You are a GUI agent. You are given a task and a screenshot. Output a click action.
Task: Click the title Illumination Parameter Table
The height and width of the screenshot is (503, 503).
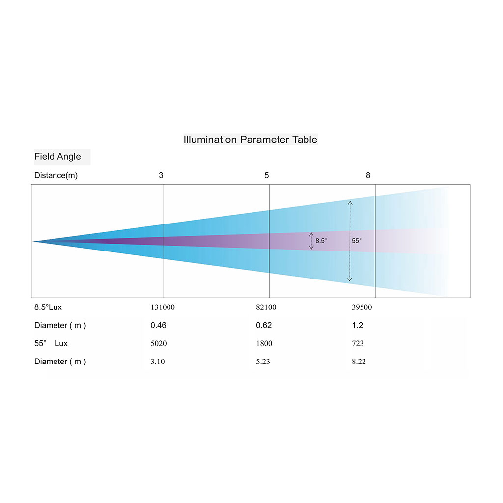[x=250, y=140]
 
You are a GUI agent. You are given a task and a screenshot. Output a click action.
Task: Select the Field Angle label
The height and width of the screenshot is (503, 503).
[x=57, y=157]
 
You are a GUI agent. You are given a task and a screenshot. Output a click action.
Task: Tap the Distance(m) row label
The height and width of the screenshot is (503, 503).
[x=56, y=175]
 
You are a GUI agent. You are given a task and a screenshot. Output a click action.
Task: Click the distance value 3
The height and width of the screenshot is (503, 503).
[x=161, y=175]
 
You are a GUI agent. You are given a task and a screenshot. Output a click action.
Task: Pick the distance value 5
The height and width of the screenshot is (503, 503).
[x=267, y=175]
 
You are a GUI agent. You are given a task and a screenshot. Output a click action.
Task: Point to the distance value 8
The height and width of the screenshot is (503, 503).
[x=368, y=175]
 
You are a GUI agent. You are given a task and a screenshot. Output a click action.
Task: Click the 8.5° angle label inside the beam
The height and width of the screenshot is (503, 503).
[x=321, y=241]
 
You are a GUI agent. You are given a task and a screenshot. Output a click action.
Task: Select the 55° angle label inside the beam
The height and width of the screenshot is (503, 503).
[x=357, y=241]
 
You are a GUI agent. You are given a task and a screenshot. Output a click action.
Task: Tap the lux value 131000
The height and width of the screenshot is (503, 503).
[x=163, y=307]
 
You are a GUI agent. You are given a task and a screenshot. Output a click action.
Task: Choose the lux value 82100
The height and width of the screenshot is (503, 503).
[x=266, y=307]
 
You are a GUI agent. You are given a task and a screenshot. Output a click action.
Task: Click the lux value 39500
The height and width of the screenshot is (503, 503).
[x=362, y=307]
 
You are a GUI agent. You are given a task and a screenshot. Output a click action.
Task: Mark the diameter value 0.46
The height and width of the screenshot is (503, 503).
[x=159, y=325]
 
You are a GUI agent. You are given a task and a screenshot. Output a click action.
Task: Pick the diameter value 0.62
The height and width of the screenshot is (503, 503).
[x=264, y=325]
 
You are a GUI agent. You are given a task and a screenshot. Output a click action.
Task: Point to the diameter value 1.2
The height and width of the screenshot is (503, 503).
[x=358, y=325]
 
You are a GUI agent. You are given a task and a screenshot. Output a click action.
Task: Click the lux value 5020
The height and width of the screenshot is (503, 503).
[x=159, y=343]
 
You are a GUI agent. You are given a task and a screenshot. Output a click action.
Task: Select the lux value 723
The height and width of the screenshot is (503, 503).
[x=358, y=343]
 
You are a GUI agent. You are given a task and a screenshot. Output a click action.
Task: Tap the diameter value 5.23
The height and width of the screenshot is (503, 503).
[x=263, y=362]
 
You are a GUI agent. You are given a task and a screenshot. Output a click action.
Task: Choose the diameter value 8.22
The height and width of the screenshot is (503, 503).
[x=359, y=362]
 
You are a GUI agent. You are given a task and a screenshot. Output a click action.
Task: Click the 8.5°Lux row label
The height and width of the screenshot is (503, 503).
[x=48, y=307]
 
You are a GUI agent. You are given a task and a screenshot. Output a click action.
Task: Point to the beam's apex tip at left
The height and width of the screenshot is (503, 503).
[x=33, y=241]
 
